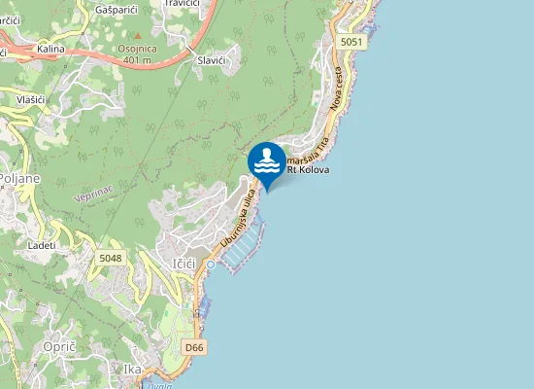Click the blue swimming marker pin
[266, 160]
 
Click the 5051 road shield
[351, 42]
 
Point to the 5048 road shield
[110, 258]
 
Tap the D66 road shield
[194, 346]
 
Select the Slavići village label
[212, 60]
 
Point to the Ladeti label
[42, 245]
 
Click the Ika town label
[133, 369]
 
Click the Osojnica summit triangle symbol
[137, 35]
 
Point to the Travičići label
[182, 4]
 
